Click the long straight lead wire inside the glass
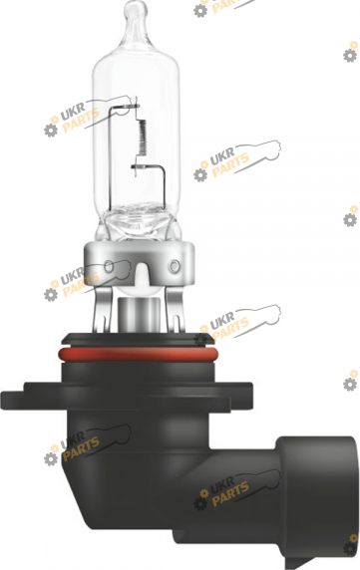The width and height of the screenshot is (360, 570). tap(110, 160)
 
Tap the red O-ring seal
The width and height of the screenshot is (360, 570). tap(139, 353)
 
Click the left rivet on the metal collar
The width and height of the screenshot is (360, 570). tap(109, 266)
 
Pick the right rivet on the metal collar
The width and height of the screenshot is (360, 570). tap(175, 266)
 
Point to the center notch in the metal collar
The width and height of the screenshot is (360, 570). tap(141, 272)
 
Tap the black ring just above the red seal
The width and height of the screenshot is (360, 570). tap(138, 340)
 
